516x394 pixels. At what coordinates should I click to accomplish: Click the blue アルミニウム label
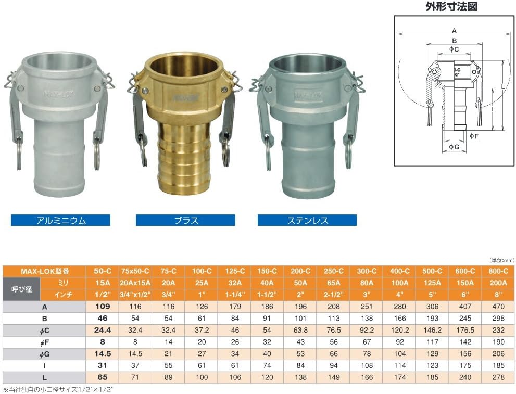pyautogui.click(x=60, y=220)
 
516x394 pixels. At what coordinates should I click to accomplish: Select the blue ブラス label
pyautogui.click(x=185, y=220)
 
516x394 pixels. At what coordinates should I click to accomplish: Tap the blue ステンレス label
pyautogui.click(x=307, y=220)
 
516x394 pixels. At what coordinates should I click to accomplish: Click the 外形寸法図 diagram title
pyautogui.click(x=451, y=7)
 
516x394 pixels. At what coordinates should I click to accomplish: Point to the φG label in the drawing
pyautogui.click(x=454, y=147)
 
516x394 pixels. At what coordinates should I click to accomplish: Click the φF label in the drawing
pyautogui.click(x=473, y=135)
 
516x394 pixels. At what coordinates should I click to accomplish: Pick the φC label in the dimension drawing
pyautogui.click(x=454, y=49)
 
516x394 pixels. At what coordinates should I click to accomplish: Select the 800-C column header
pyautogui.click(x=498, y=271)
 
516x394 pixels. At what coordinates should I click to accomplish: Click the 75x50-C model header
pyautogui.click(x=135, y=271)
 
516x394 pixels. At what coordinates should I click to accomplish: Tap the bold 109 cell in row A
pyautogui.click(x=103, y=307)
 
